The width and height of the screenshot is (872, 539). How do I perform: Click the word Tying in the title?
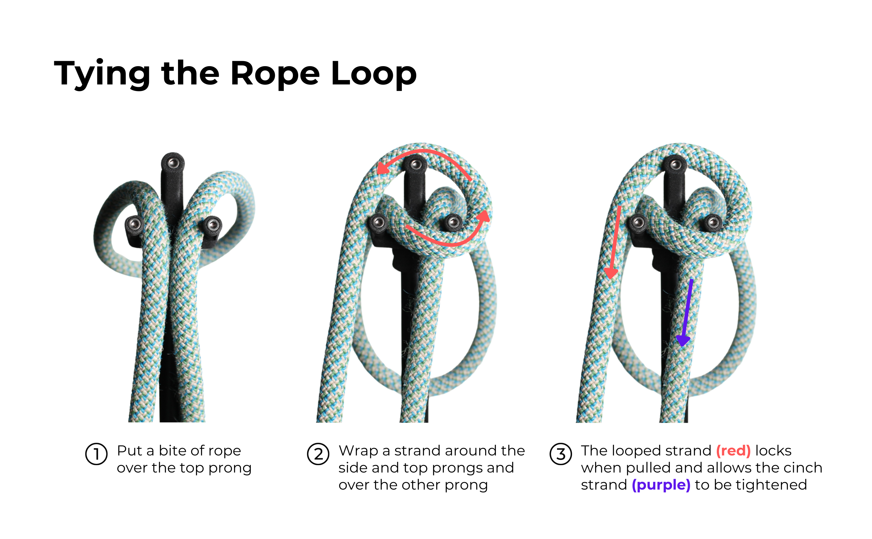pyautogui.click(x=102, y=74)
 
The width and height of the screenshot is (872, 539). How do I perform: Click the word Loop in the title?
pyautogui.click(x=373, y=74)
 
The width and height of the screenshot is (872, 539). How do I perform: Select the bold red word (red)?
pyautogui.click(x=733, y=451)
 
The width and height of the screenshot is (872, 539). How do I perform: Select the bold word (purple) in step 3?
pyautogui.click(x=661, y=485)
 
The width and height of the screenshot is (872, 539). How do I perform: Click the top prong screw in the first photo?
pyautogui.click(x=173, y=163)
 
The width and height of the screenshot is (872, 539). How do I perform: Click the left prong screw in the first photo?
pyautogui.click(x=135, y=224)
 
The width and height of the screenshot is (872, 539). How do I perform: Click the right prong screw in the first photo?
pyautogui.click(x=213, y=225)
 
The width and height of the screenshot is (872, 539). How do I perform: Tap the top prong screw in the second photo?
pyautogui.click(x=416, y=165)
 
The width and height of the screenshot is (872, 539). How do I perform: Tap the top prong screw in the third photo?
pyautogui.click(x=675, y=165)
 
